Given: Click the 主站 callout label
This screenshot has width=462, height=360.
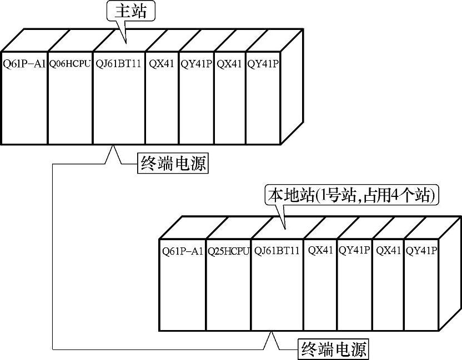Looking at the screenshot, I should tap(130, 12).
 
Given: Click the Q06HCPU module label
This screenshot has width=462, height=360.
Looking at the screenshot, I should tap(69, 63).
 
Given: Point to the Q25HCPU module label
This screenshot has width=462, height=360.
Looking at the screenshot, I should tap(228, 251).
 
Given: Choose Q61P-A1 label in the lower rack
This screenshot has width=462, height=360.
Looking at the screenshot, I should tap(182, 251).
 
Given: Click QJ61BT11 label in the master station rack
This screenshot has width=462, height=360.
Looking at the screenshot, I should tap(118, 63).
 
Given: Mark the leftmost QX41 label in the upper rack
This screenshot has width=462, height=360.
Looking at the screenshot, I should tap(162, 63).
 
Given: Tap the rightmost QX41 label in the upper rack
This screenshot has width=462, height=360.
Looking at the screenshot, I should tap(229, 63).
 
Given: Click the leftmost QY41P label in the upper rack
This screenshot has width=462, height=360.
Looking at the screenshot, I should tap(196, 63).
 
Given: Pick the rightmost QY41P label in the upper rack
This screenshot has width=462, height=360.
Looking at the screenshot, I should tap(263, 63).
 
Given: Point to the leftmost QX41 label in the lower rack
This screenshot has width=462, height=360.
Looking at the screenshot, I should tap(320, 251).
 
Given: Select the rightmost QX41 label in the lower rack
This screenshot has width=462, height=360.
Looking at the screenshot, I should tap(388, 251).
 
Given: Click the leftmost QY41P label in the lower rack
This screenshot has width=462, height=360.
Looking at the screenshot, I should tap(354, 251).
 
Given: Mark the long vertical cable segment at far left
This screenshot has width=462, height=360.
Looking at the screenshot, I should tap(53, 255).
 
